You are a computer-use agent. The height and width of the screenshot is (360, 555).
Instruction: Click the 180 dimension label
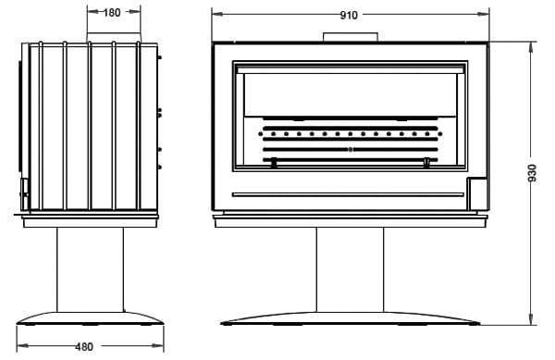[x=112, y=13]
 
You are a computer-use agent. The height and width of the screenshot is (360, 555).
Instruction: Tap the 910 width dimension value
[x=349, y=15]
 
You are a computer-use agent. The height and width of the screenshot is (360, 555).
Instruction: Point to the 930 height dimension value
[x=532, y=173]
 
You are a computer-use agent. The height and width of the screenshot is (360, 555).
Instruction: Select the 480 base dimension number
[x=84, y=346]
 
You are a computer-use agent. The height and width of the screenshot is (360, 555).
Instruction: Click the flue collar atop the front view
[x=351, y=37]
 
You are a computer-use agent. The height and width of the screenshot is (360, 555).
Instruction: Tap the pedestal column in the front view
[x=350, y=269]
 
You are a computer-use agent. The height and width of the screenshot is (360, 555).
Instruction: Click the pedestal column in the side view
[x=91, y=269]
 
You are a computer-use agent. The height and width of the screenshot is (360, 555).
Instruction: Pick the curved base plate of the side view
[x=90, y=318]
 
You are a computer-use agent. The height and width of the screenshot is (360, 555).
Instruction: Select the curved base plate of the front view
[x=350, y=318]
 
